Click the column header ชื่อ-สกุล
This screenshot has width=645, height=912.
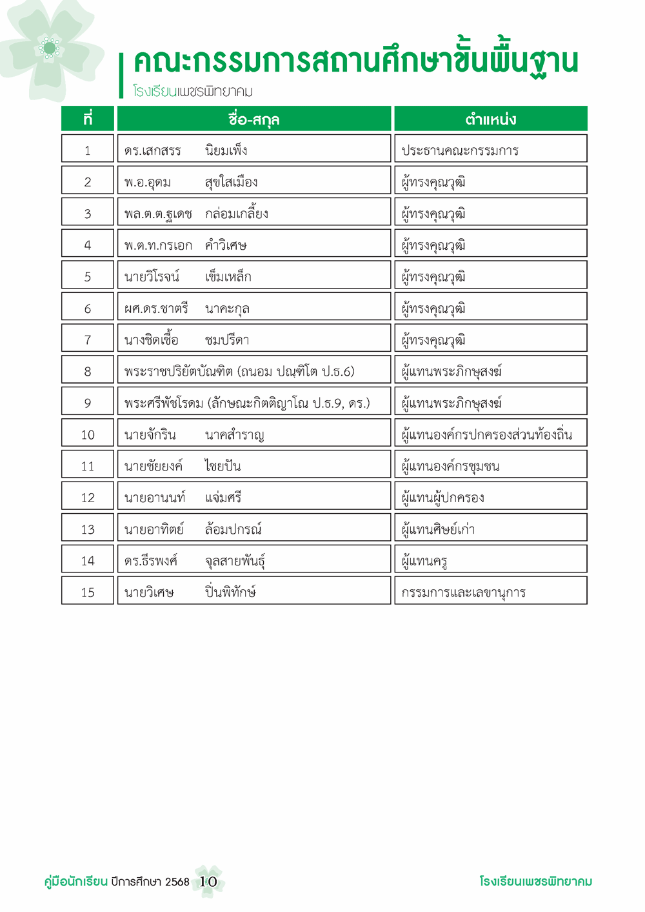(x=253, y=119)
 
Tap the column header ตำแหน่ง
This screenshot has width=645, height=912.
(x=490, y=119)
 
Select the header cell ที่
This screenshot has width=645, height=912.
(x=88, y=119)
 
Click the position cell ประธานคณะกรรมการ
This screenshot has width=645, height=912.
(x=460, y=151)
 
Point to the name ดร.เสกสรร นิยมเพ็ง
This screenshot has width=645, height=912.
(x=186, y=151)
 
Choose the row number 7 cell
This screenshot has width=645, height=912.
(x=88, y=340)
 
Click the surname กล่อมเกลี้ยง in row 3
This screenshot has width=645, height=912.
(x=236, y=214)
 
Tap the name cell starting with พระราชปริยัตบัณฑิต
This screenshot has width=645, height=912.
(x=239, y=372)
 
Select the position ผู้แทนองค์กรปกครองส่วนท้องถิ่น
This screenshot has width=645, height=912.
(x=486, y=434)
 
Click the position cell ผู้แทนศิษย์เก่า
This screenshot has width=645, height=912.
(x=438, y=529)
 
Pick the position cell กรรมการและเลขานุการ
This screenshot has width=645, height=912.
(x=463, y=593)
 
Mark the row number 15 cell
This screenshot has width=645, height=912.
(x=88, y=593)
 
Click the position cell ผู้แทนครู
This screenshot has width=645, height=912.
(x=424, y=561)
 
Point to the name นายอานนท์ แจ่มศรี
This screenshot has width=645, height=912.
(x=183, y=498)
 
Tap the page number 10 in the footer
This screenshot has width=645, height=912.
(x=208, y=882)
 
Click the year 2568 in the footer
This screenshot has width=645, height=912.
(x=177, y=882)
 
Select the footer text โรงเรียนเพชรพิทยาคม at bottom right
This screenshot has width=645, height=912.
(x=535, y=882)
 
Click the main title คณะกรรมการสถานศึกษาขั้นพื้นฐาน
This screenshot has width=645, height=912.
(x=355, y=63)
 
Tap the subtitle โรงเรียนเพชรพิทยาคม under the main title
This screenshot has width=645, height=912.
(x=193, y=92)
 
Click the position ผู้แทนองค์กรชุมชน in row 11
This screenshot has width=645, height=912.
(x=450, y=466)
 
